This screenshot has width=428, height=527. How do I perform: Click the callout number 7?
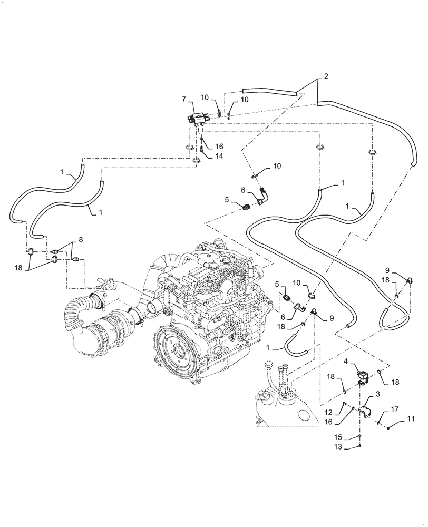pyautogui.click(x=184, y=99)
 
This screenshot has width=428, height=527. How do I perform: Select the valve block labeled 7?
pyautogui.click(x=197, y=119)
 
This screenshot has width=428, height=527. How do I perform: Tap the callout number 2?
pyautogui.click(x=326, y=77)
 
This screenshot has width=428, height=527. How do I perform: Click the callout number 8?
pyautogui.click(x=80, y=240)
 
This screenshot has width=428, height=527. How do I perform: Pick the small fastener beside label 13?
pyautogui.click(x=359, y=447)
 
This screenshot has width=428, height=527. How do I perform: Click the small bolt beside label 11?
pyautogui.click(x=390, y=428)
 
